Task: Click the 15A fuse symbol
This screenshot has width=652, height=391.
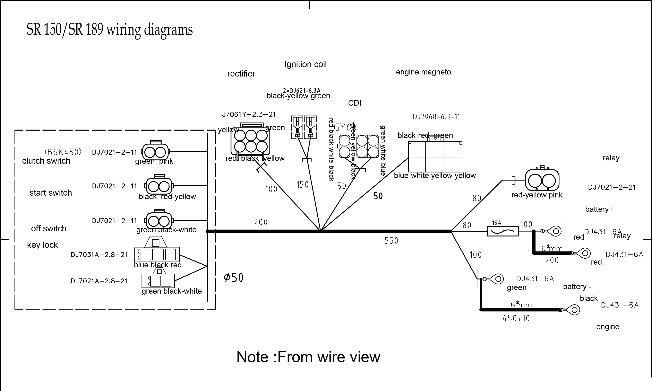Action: [502, 232]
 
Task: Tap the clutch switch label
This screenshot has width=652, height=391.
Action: [46, 161]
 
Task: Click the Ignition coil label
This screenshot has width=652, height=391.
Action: [305, 64]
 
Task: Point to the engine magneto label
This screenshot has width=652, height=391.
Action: [423, 72]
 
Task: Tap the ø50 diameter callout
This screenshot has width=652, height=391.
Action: [234, 277]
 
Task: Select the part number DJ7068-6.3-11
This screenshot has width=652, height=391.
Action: [436, 117]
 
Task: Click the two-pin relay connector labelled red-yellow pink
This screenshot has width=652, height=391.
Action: [542, 180]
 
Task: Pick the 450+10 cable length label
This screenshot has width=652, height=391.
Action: [516, 319]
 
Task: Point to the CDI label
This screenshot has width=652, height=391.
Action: [354, 103]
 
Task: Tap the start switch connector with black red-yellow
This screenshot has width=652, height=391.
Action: [159, 186]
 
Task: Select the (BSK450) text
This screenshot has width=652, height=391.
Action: [63, 152]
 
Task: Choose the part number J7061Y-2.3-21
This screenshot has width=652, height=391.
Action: [249, 115]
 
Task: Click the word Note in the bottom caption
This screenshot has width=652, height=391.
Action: [252, 357]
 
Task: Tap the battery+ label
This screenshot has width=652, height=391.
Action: [599, 209]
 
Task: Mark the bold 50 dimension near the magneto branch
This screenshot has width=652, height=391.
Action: [378, 196]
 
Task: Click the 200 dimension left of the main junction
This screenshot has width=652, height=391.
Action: [261, 222]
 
